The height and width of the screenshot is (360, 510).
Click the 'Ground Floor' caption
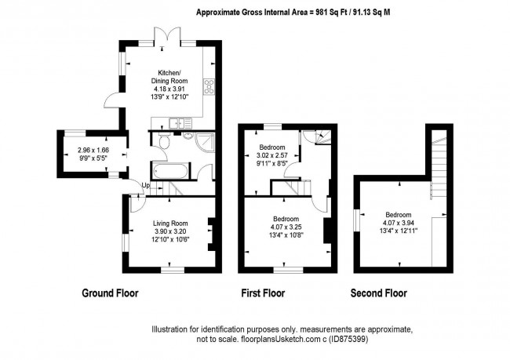[x=110, y=294]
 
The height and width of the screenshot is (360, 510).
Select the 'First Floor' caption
[x=262, y=294]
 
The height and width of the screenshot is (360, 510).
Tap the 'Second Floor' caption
[x=379, y=294]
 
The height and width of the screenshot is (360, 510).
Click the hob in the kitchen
[x=209, y=86]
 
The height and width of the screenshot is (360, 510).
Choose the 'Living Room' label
[x=170, y=224]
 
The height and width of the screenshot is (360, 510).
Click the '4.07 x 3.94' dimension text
[x=399, y=223]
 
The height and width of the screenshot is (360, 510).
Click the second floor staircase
[x=439, y=165]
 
